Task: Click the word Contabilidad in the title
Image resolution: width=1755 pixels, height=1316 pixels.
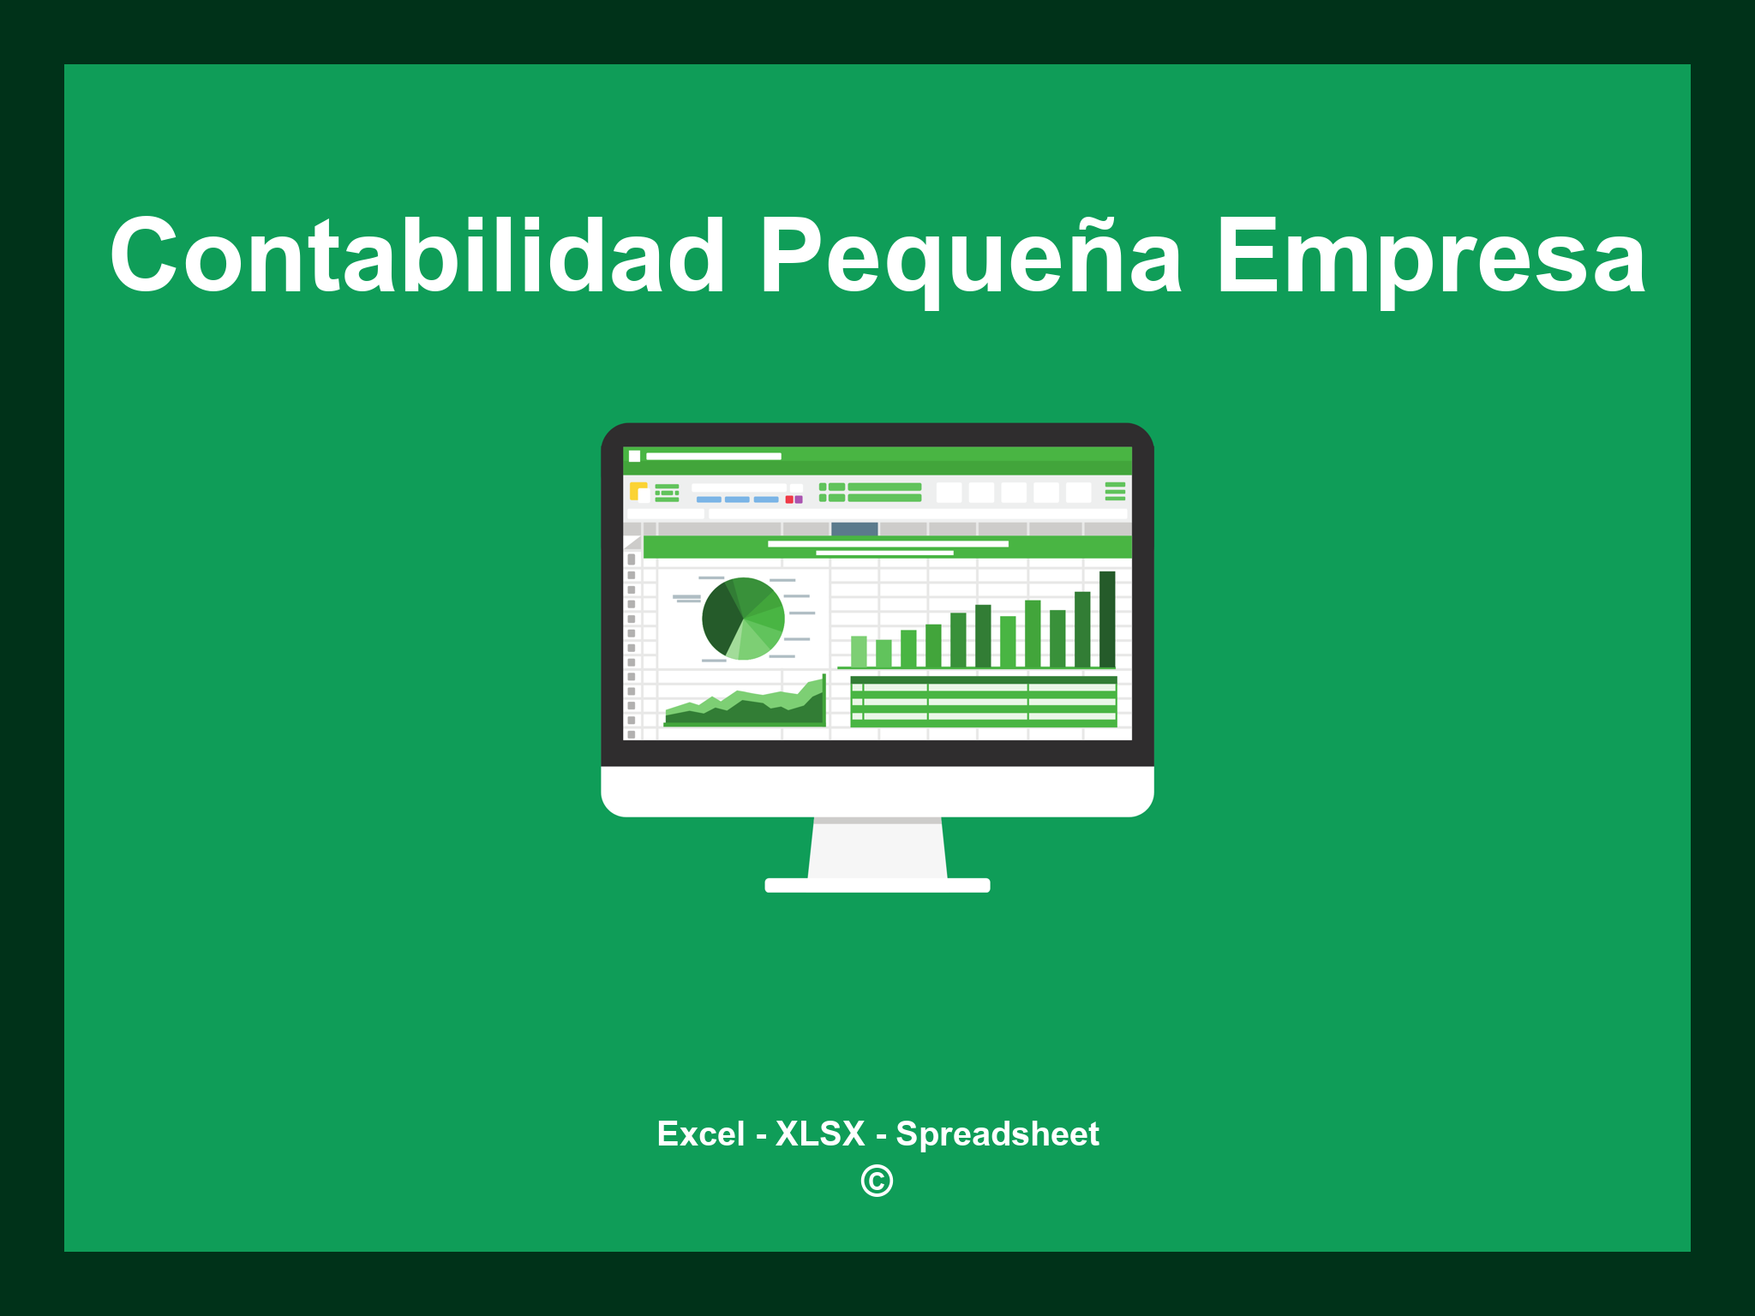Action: click(x=417, y=255)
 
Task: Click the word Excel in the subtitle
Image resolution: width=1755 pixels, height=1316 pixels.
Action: click(x=700, y=1134)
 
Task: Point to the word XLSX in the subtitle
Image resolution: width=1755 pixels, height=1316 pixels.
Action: click(x=820, y=1134)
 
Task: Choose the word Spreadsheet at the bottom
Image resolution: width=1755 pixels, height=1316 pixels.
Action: click(x=997, y=1134)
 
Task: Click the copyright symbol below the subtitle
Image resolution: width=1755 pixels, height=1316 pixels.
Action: click(x=877, y=1181)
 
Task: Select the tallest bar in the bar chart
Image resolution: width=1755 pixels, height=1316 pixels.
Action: click(x=1107, y=618)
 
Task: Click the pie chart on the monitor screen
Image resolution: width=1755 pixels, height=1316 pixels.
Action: click(x=743, y=619)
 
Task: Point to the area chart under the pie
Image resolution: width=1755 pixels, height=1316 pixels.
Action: click(x=744, y=706)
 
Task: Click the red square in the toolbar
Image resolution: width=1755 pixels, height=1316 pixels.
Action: click(x=789, y=499)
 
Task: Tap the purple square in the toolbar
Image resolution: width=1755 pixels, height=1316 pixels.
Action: click(x=799, y=499)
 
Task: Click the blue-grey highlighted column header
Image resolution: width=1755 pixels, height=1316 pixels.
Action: click(x=854, y=529)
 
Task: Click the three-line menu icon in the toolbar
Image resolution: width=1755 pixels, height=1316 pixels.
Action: click(x=1115, y=491)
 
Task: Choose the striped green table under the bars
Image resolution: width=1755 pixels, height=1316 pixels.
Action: click(x=983, y=701)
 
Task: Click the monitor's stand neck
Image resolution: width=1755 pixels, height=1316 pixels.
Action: click(x=877, y=848)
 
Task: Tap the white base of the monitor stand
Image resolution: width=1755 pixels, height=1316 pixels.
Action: click(x=877, y=885)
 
